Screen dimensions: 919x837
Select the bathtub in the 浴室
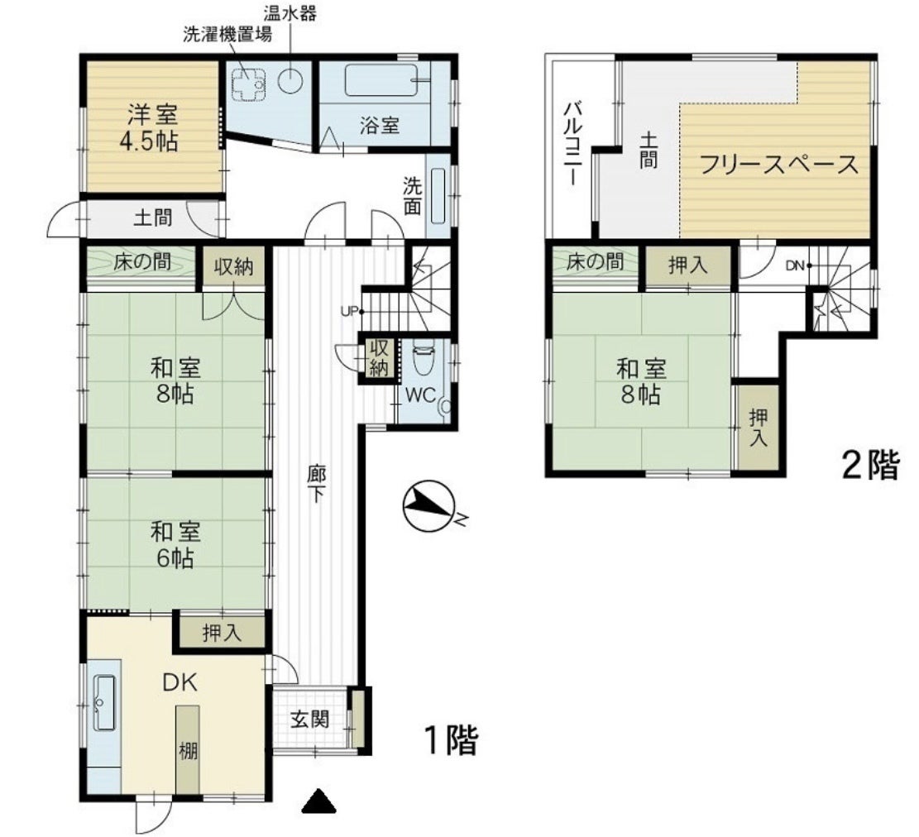[381, 80]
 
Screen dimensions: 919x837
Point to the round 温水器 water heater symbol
[290, 81]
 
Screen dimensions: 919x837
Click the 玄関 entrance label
[309, 720]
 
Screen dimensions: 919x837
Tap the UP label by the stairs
[349, 311]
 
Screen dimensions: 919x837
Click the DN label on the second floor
[795, 266]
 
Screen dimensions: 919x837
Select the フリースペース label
[779, 165]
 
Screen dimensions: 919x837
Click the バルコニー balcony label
[572, 144]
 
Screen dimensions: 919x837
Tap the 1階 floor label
[451, 739]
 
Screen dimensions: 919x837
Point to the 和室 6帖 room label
[175, 544]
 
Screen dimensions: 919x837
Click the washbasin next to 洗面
[438, 196]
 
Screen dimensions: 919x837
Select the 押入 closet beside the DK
[223, 632]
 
